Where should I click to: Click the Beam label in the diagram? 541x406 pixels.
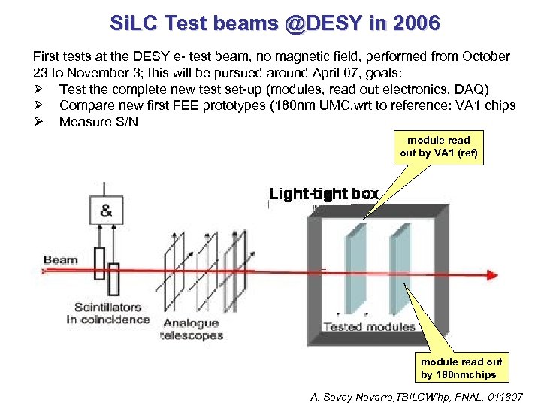[x=60, y=261]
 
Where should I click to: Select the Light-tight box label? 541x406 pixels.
[x=324, y=194]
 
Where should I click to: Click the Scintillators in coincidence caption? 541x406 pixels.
[x=107, y=314]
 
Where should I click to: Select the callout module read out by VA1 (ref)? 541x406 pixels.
[x=438, y=147]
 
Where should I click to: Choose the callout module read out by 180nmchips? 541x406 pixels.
[x=461, y=368]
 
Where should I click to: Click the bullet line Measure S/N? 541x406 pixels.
[x=98, y=121]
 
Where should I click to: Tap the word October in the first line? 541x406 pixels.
[x=487, y=57]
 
